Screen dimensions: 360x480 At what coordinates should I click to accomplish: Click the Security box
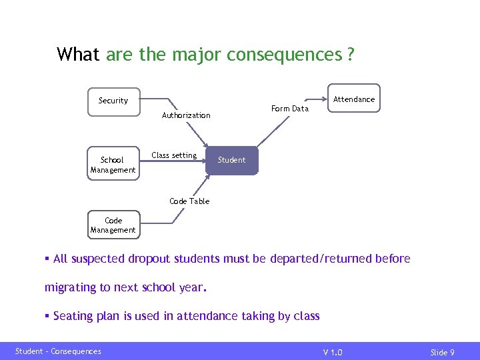tap(114, 101)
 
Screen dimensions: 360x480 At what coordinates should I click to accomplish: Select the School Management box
tap(113, 165)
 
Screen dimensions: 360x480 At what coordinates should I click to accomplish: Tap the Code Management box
tap(113, 225)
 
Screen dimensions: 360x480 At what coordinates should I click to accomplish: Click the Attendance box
tap(354, 99)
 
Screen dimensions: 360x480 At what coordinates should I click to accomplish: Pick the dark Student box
tap(231, 160)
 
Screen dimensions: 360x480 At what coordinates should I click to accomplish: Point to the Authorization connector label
tap(186, 115)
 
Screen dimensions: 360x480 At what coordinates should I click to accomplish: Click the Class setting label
tap(174, 155)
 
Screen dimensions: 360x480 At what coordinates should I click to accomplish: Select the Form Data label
tap(290, 109)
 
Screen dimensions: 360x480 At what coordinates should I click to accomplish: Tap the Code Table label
tap(189, 201)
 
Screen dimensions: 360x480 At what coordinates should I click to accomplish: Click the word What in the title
tap(79, 54)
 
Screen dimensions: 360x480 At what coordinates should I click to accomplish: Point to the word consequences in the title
tap(285, 54)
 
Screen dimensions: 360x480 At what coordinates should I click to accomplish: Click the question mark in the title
tap(351, 54)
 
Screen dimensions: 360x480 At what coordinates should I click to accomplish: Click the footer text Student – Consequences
tap(59, 351)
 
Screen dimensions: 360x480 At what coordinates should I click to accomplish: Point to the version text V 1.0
tap(333, 352)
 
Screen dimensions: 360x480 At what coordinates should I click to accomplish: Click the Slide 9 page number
tap(442, 352)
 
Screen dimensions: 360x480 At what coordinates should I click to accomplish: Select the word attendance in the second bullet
tap(207, 316)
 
